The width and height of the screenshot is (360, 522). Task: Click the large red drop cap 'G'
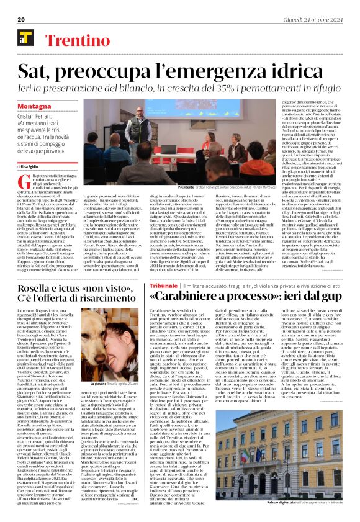click(23, 181)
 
